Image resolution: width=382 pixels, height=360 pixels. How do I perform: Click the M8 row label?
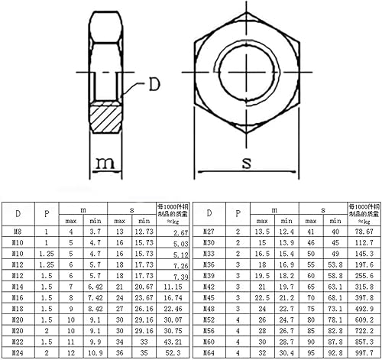tap(18, 231)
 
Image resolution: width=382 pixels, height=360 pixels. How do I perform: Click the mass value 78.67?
tap(363, 232)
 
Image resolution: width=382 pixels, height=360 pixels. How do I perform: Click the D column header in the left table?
tap(18, 213)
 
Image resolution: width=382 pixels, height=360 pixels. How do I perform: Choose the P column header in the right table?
tap(238, 213)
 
